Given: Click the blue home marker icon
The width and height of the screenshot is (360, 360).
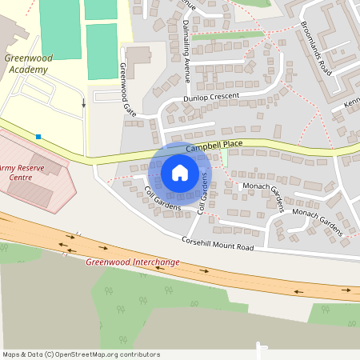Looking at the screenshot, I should pyautogui.click(x=180, y=173).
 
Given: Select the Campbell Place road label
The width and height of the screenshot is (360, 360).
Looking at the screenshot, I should pyautogui.click(x=214, y=146).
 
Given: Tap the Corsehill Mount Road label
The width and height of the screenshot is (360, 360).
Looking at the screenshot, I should pyautogui.click(x=218, y=244).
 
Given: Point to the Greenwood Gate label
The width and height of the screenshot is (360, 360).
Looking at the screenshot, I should pyautogui.click(x=128, y=89).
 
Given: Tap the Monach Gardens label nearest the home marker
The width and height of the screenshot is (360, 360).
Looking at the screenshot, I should pyautogui.click(x=263, y=193).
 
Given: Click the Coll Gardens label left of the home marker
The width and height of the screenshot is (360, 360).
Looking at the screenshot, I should pyautogui.click(x=162, y=198).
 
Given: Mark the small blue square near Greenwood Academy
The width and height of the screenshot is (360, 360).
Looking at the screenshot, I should pyautogui.click(x=38, y=136).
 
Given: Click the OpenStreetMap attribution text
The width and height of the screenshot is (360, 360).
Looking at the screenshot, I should pyautogui.click(x=80, y=354).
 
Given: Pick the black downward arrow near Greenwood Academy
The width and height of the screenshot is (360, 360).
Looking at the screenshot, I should pyautogui.click(x=83, y=103).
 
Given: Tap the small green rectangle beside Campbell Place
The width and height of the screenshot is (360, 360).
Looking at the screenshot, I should pyautogui.click(x=225, y=158).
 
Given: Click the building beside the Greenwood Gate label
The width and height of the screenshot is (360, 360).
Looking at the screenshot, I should pyautogui.click(x=139, y=58).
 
